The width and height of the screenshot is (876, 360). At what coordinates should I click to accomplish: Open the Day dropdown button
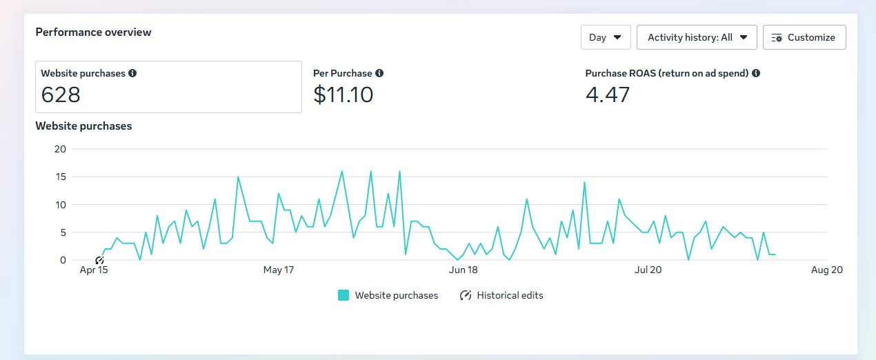tap(606, 37)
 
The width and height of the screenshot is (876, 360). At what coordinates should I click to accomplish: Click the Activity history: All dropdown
tap(697, 37)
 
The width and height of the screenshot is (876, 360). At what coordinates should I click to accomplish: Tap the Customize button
tap(804, 37)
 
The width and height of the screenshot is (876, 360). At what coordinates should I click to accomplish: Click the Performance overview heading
tap(93, 32)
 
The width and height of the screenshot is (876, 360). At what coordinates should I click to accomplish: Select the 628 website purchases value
tap(61, 94)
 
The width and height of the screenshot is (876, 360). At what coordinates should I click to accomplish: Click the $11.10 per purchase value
tap(343, 94)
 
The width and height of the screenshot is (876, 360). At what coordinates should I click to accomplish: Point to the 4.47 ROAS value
tap(607, 94)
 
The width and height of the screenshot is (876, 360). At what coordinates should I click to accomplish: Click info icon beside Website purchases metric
tap(132, 73)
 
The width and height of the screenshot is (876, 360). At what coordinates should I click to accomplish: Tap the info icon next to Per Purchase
tap(379, 73)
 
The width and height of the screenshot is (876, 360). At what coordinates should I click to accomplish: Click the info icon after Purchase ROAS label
tap(756, 73)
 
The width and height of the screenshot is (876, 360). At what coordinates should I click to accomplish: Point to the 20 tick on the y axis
tap(60, 149)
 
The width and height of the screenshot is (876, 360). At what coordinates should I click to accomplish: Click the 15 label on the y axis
tap(61, 177)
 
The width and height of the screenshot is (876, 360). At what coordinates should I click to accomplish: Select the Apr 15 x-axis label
tap(94, 270)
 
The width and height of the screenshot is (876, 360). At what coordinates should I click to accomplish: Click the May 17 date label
tap(279, 270)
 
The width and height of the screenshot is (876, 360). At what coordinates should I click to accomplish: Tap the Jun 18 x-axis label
tap(463, 270)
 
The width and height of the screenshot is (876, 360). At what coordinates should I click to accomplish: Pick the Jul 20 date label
tap(648, 270)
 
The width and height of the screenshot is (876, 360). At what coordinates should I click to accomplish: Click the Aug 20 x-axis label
tap(827, 270)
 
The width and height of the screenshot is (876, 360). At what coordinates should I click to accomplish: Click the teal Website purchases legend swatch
tap(344, 295)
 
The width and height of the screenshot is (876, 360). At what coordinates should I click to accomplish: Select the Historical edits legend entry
tap(501, 295)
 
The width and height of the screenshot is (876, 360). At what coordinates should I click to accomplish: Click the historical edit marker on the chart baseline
tap(99, 260)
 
